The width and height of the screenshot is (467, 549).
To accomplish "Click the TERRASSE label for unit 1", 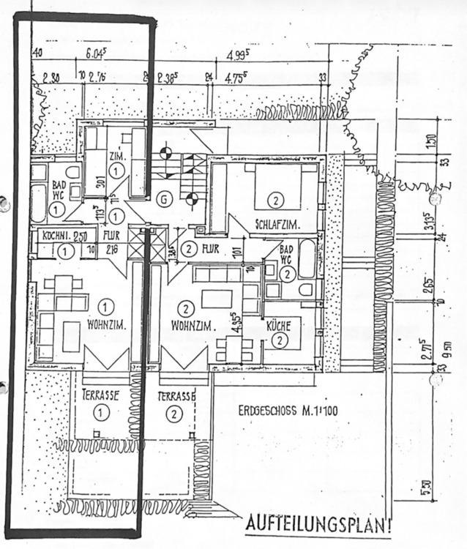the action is pyautogui.click(x=100, y=395).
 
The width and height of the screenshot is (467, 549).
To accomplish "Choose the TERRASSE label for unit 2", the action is pyautogui.click(x=176, y=396).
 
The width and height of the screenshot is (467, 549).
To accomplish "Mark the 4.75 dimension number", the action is pyautogui.click(x=237, y=75).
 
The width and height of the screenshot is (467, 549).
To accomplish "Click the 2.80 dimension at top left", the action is pyautogui.click(x=51, y=75).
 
